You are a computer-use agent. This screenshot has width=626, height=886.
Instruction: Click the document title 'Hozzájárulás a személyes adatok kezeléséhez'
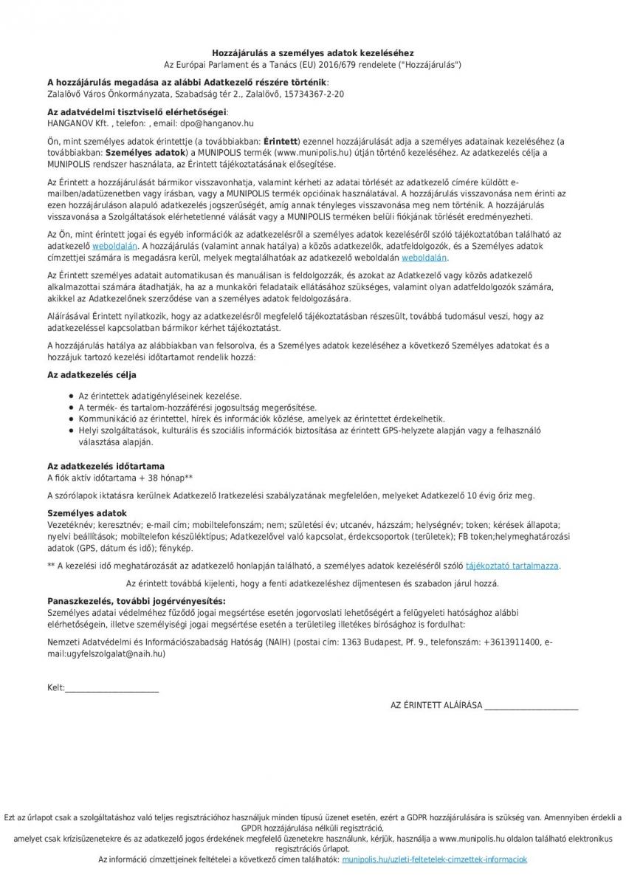(x=312, y=53)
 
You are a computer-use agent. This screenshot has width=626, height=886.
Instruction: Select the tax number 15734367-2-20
(x=314, y=95)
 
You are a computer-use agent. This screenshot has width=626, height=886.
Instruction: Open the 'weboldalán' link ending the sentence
(x=424, y=258)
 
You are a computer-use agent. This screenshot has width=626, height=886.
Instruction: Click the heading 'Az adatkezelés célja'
(x=92, y=375)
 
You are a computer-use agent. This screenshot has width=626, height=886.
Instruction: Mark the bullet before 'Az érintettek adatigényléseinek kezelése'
(x=69, y=396)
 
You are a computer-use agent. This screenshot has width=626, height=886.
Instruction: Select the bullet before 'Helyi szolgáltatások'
(x=69, y=430)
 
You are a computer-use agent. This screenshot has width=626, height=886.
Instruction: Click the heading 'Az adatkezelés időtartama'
(x=106, y=467)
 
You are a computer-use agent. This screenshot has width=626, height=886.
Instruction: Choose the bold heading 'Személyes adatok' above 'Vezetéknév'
(x=87, y=513)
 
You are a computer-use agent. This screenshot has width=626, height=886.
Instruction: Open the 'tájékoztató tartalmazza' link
(x=512, y=566)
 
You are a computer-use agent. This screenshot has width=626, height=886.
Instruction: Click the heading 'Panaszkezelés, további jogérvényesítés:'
(x=137, y=602)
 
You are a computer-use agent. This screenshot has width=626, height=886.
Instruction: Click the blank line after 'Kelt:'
(x=111, y=688)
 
